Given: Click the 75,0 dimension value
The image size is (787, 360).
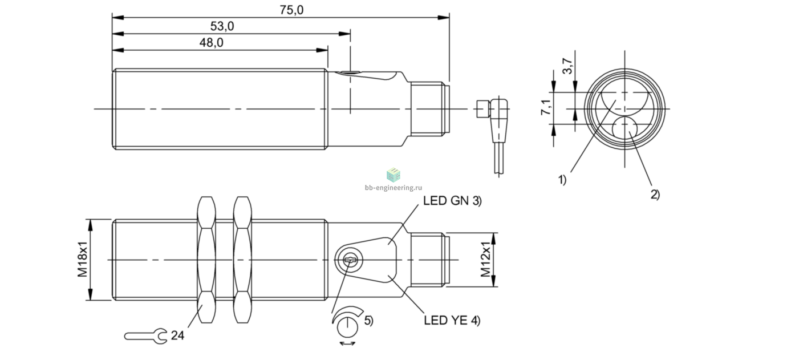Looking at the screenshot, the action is [x=291, y=10].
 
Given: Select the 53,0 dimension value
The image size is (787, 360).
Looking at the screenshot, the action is [x=222, y=26].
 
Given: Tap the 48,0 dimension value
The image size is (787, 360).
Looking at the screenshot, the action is [x=211, y=43].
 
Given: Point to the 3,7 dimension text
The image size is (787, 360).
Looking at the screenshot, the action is [x=567, y=66].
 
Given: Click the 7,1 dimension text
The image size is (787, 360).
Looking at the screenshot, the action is [x=546, y=107].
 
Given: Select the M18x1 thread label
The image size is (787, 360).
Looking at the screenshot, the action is [x=83, y=260].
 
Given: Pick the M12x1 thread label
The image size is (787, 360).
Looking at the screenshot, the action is [x=485, y=260].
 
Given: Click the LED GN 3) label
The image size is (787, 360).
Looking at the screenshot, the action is [x=453, y=201].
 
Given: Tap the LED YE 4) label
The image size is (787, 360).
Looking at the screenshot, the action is [x=452, y=320].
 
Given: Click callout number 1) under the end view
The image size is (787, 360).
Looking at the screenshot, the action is [x=562, y=180].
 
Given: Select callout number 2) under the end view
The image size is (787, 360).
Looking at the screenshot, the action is [x=655, y=195].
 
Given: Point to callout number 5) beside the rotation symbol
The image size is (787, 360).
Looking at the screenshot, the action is [x=369, y=321].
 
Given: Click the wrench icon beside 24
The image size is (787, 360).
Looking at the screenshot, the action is [x=146, y=337].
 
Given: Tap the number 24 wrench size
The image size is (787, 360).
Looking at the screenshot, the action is [x=177, y=335].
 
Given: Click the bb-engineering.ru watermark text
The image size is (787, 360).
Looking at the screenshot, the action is [x=393, y=188].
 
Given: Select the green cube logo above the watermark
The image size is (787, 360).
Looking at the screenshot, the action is [x=393, y=175].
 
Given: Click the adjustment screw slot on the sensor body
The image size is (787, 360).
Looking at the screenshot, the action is [x=351, y=260].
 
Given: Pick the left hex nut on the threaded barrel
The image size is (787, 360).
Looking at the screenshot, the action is [x=206, y=260].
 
